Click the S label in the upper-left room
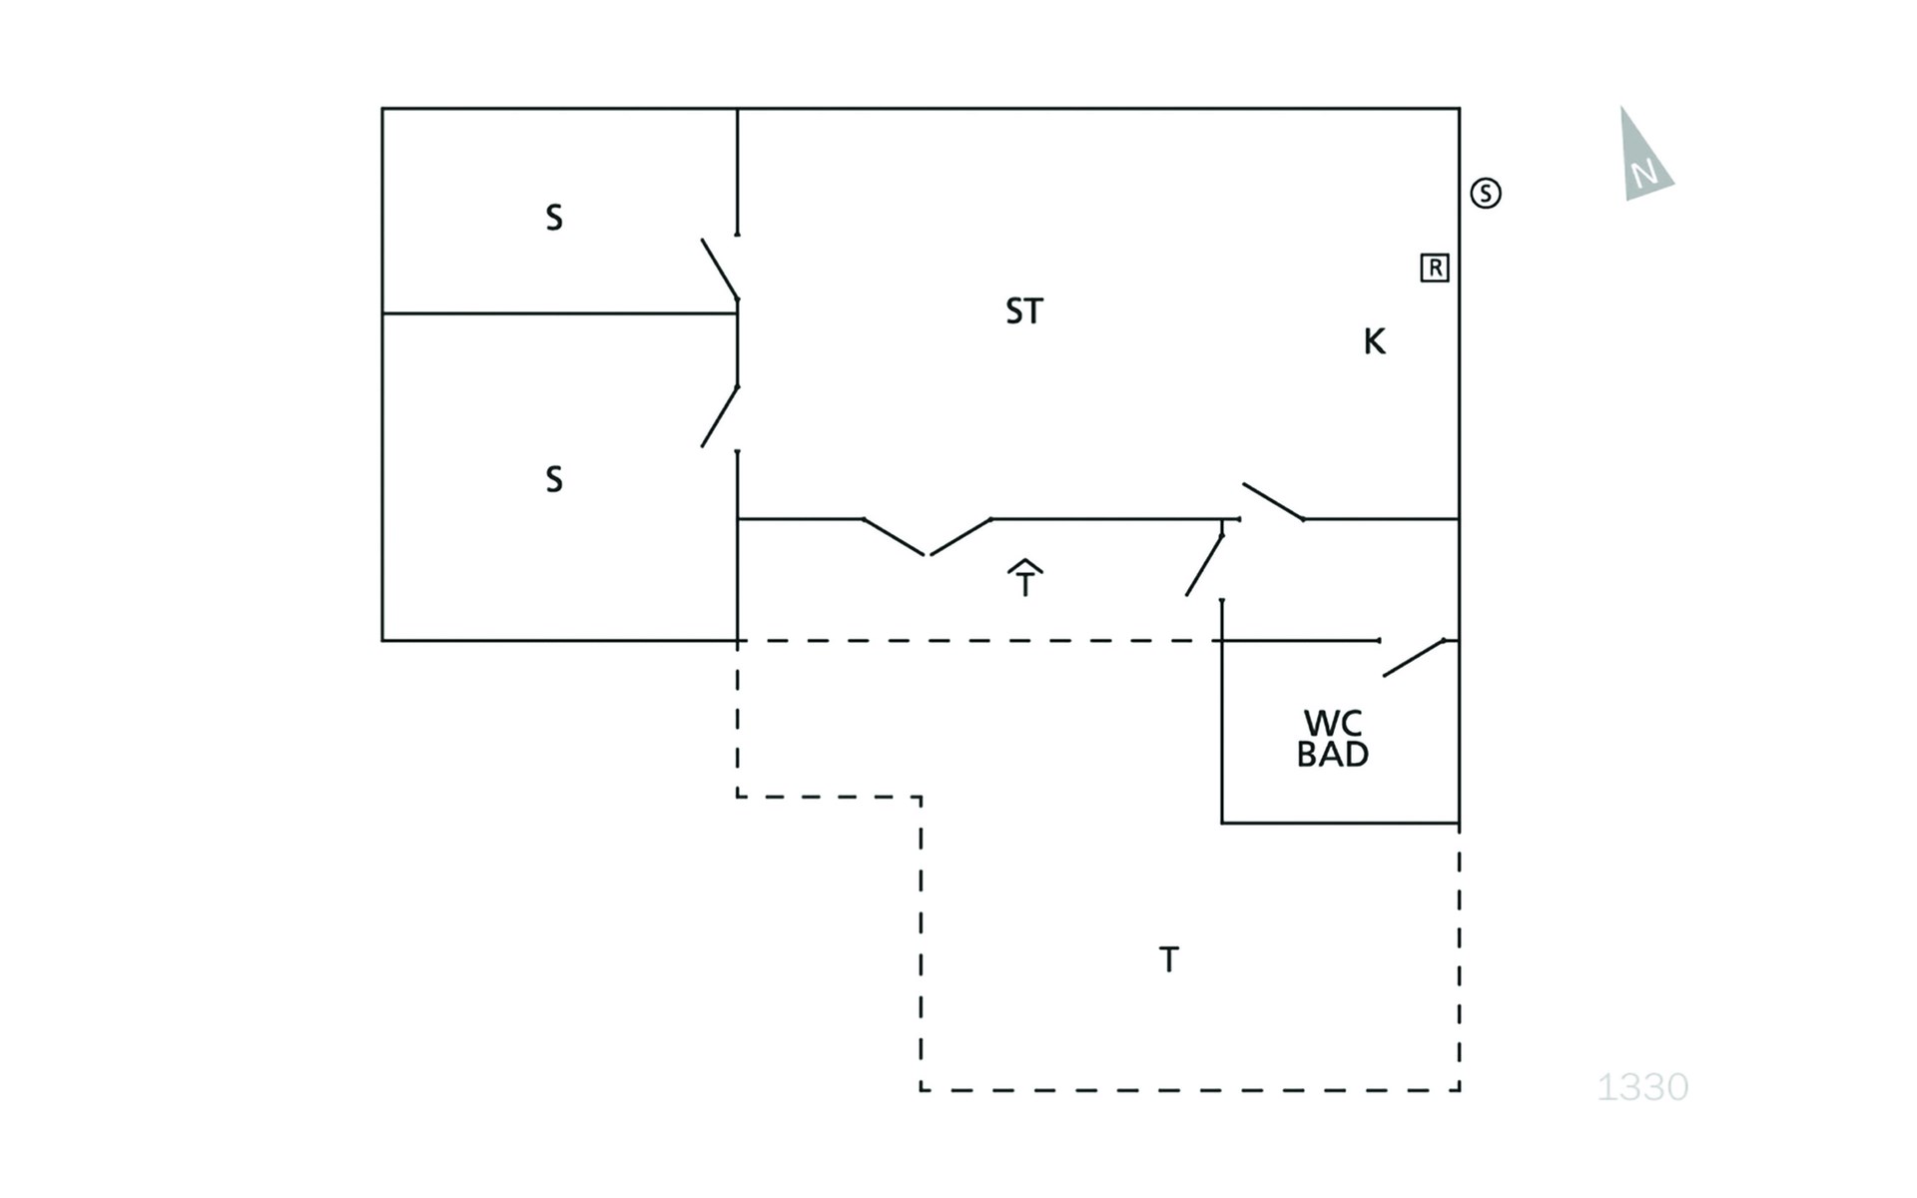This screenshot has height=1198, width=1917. click(x=554, y=218)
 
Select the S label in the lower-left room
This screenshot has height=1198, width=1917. click(x=554, y=479)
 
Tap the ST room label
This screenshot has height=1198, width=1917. click(x=1024, y=311)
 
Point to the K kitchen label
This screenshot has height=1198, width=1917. click(x=1375, y=341)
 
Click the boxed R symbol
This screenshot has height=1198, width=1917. click(x=1435, y=268)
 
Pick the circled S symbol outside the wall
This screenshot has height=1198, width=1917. click(x=1486, y=193)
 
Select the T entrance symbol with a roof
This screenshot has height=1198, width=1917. click(x=1025, y=578)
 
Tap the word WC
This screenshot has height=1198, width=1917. click(x=1333, y=723)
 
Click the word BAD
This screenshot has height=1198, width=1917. click(x=1333, y=755)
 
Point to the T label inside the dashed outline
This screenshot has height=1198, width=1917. click(x=1169, y=959)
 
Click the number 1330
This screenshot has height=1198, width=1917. click(x=1642, y=1087)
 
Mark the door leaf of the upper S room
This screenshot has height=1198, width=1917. click(x=719, y=269)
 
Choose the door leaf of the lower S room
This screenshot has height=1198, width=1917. click(x=720, y=416)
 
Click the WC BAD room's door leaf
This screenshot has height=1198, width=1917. click(x=1414, y=658)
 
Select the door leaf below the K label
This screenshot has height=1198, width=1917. click(x=1273, y=502)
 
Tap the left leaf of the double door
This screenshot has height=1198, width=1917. click(x=894, y=537)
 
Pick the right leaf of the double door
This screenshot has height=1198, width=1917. click(x=960, y=537)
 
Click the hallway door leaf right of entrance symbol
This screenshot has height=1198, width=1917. click(x=1204, y=565)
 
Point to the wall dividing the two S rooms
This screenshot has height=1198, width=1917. click(x=559, y=313)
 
